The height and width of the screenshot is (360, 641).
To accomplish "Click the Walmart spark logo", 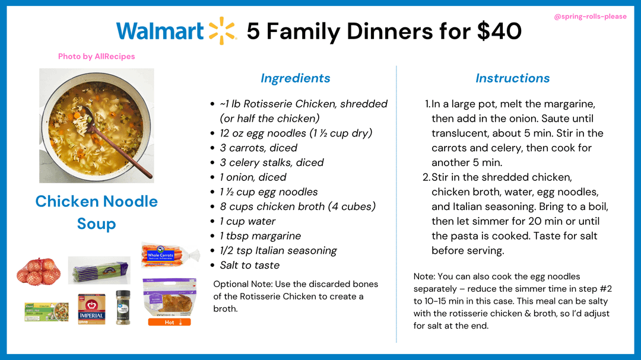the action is tap(223, 31).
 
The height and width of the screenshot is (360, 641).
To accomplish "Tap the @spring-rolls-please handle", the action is tap(590, 17).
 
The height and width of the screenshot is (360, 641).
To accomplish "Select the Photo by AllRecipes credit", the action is tap(97, 56).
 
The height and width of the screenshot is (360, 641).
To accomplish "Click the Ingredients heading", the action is tap(295, 78).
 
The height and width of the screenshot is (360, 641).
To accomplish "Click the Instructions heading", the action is tap(512, 78).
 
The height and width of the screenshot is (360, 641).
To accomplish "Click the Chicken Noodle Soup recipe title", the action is tap(97, 212).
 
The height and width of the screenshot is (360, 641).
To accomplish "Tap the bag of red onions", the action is tap(39, 271).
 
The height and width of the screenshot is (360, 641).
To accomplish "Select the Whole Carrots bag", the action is tap(170, 255).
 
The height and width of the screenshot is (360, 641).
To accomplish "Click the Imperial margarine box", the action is tap(91, 309).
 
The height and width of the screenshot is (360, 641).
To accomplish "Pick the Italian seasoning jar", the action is tap(123, 307).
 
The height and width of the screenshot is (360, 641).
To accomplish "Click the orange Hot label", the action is tap(169, 323).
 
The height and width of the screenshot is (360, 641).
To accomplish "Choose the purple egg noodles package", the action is tap(99, 270).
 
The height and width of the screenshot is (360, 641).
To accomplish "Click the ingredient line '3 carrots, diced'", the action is tap(258, 148).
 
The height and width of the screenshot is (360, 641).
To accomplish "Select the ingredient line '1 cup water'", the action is tap(247, 221).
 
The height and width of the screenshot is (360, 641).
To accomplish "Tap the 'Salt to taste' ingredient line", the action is tap(249, 265).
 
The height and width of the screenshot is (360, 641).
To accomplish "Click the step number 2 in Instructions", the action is tap(426, 177).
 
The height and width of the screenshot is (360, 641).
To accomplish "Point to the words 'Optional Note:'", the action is tap(243, 284).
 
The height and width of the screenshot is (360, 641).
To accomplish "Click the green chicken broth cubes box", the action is tap(46, 312).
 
